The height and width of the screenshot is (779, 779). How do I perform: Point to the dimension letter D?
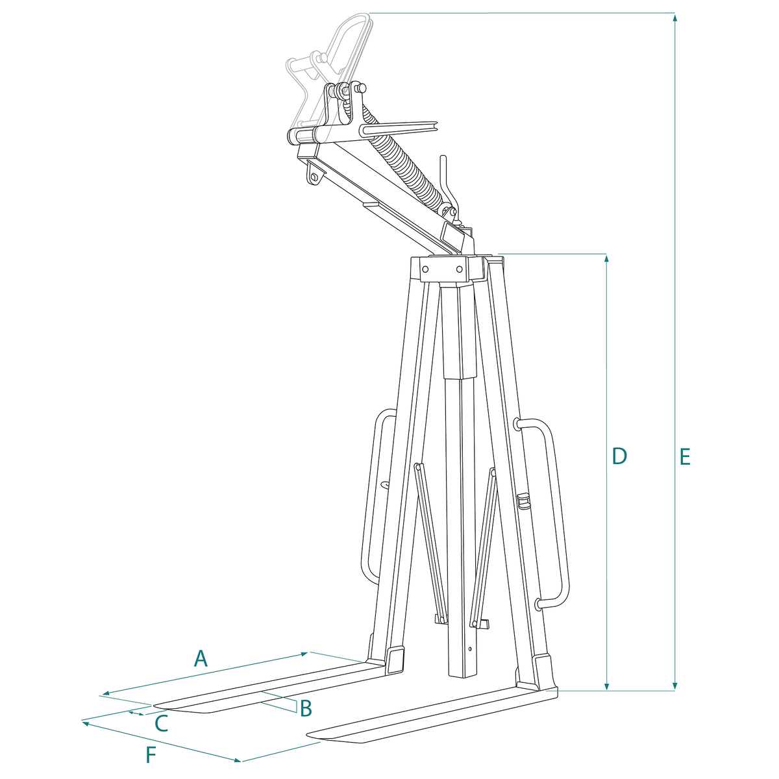(619, 456)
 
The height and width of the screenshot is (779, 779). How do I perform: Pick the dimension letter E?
(685, 457)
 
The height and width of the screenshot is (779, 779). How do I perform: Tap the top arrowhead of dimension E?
(674, 17)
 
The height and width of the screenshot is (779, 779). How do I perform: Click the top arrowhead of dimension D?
(606, 258)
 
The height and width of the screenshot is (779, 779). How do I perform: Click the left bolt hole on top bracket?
(425, 269)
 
